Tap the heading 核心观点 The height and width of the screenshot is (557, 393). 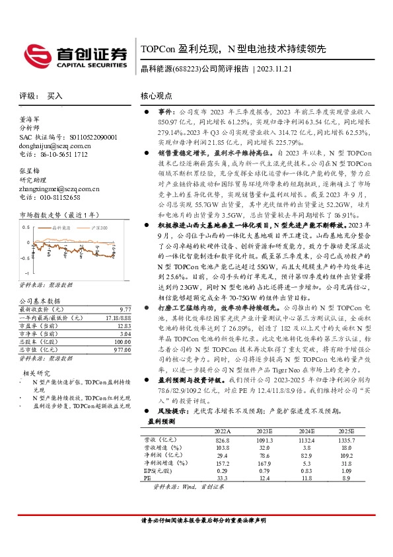(157, 97)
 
